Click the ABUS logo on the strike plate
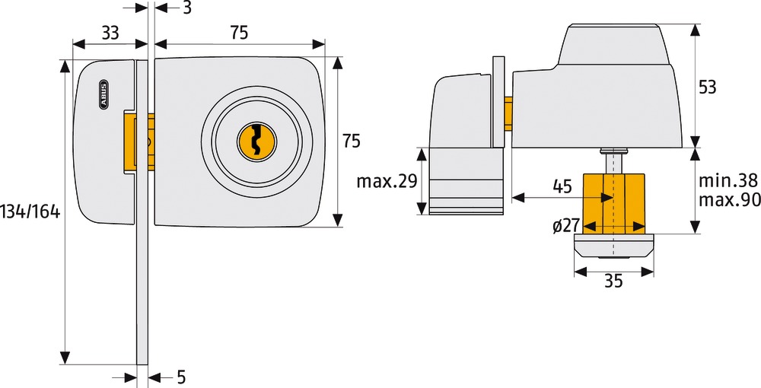103,93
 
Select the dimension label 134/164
30,211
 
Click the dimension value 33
110,33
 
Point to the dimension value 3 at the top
187,8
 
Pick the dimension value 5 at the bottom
181,377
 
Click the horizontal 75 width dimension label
239,33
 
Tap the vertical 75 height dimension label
352,142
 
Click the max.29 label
387,181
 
